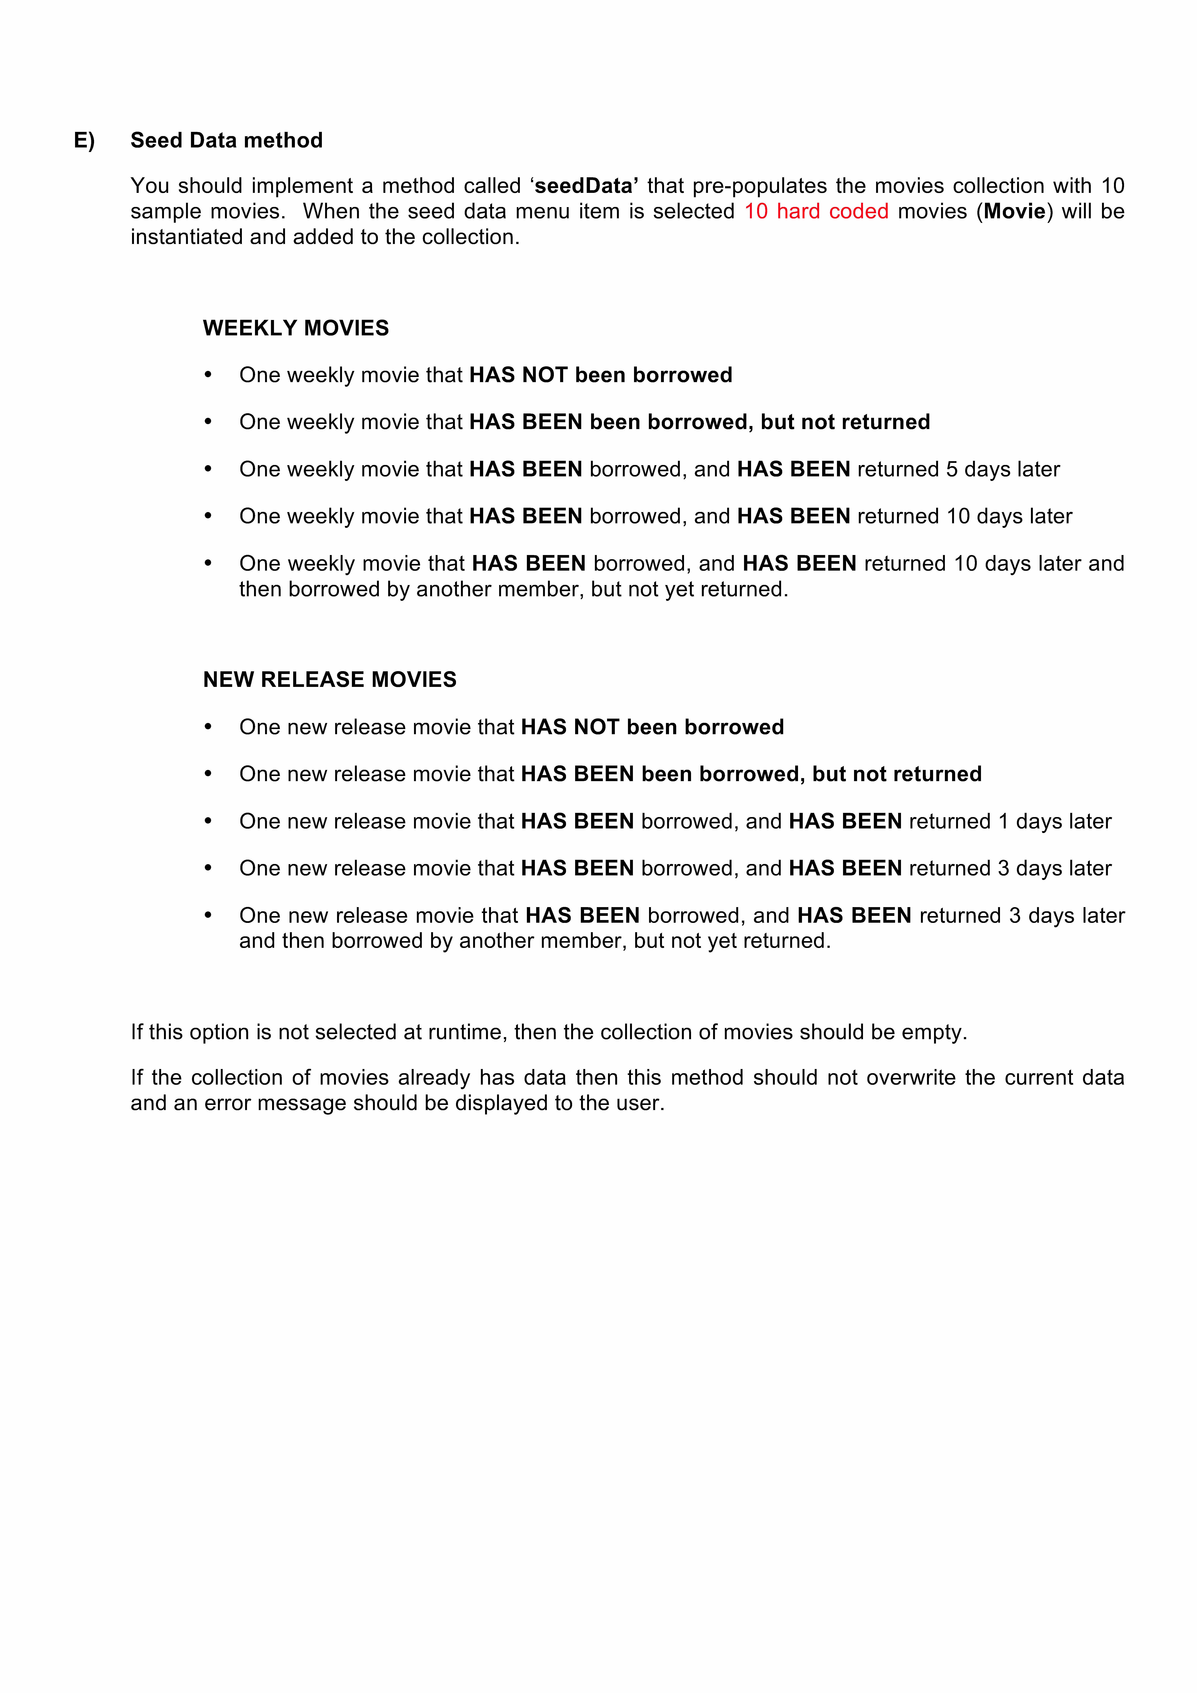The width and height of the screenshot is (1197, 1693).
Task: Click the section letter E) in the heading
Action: [84, 141]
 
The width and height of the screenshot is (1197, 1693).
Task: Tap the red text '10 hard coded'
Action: [816, 212]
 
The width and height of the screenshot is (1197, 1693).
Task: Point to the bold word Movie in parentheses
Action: [1014, 212]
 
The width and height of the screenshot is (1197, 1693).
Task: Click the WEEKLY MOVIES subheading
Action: [296, 328]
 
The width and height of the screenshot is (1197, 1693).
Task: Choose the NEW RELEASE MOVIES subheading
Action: [330, 680]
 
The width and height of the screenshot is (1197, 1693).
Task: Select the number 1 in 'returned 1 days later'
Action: [1003, 821]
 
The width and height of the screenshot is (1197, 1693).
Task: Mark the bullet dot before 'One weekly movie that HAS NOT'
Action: [208, 375]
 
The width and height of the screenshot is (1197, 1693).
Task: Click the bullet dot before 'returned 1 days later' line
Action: [208, 821]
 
